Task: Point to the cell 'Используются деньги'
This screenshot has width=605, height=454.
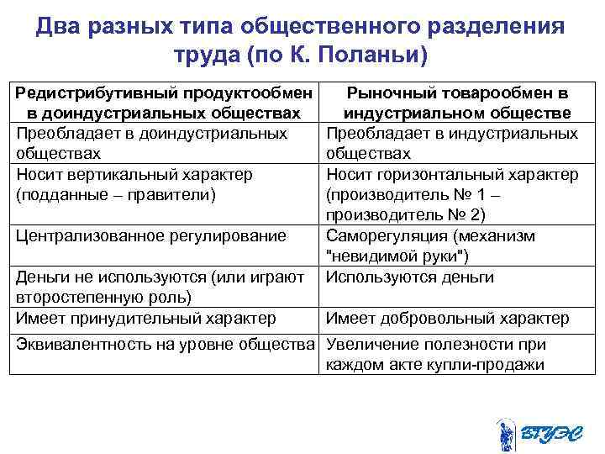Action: pos(409,277)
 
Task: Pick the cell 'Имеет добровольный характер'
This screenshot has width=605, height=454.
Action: pos(447,318)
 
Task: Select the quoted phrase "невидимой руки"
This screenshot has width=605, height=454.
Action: pos(397,257)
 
